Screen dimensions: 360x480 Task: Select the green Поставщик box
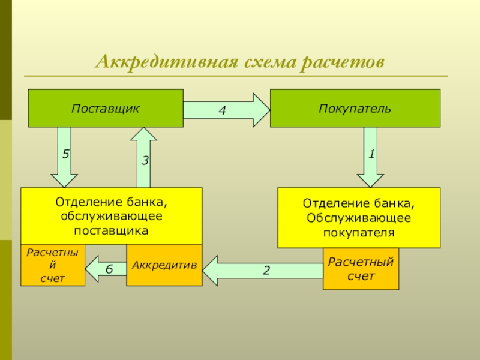pyautogui.click(x=106, y=109)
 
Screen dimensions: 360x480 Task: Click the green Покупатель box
pyautogui.click(x=355, y=109)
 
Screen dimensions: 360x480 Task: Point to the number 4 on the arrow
pyautogui.click(x=222, y=111)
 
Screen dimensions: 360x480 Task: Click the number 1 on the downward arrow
pyautogui.click(x=371, y=154)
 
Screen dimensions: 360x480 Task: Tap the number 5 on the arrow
pyautogui.click(x=66, y=154)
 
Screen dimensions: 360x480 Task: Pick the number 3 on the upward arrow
pyautogui.click(x=145, y=161)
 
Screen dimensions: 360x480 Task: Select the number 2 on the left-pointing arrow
pyautogui.click(x=266, y=271)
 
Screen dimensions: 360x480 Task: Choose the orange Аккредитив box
pyautogui.click(x=164, y=265)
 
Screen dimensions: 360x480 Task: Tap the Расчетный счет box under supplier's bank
pyautogui.click(x=53, y=265)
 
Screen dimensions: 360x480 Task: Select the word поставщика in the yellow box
pyautogui.click(x=112, y=230)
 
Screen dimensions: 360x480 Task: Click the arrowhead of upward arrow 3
pyautogui.click(x=144, y=134)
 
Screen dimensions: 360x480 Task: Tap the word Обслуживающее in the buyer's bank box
pyautogui.click(x=358, y=218)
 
